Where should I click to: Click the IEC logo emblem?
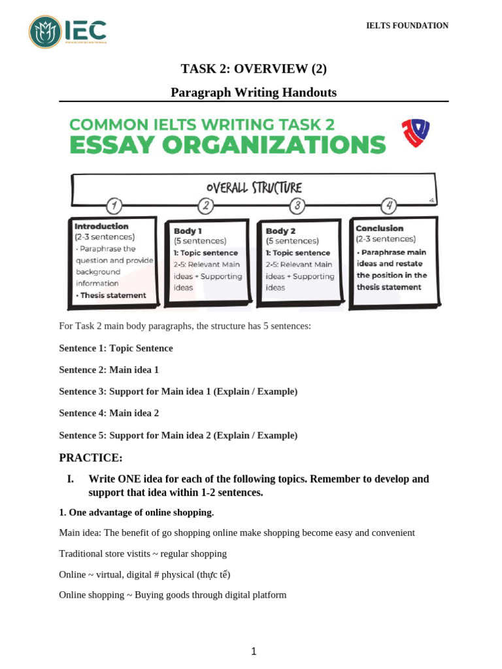click(45, 32)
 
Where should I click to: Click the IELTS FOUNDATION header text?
click(407, 25)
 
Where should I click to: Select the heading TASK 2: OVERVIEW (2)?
click(254, 69)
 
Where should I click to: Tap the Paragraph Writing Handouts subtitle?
click(254, 93)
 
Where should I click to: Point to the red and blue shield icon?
click(415, 132)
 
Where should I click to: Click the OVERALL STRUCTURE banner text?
click(254, 188)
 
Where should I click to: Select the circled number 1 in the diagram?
click(114, 206)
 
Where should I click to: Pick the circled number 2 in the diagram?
click(206, 206)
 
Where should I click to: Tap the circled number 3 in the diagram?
click(297, 206)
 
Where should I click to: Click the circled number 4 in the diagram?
click(390, 206)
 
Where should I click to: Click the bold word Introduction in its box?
click(101, 226)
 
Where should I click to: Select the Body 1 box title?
click(188, 231)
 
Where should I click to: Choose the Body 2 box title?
click(280, 231)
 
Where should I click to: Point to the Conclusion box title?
click(379, 228)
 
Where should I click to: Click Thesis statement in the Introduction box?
click(112, 295)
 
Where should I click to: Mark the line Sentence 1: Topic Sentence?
click(116, 348)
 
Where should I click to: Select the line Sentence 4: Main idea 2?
click(109, 413)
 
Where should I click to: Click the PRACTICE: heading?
click(90, 457)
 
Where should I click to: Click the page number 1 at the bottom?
click(254, 651)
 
